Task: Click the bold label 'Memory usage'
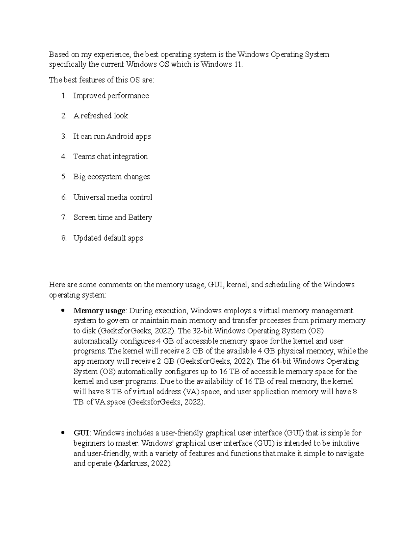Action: coord(99,311)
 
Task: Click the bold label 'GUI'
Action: coord(81,433)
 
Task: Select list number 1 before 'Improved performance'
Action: coord(64,96)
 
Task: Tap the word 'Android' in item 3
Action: coord(120,136)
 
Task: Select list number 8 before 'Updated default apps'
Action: coord(64,238)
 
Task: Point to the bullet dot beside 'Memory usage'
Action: coord(63,311)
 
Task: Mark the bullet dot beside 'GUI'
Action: coord(63,433)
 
